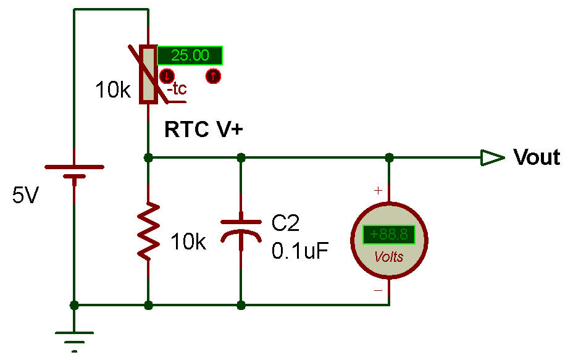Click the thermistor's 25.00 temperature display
coord(190,56)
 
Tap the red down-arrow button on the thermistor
coord(166,77)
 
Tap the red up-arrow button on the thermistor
coord(213,77)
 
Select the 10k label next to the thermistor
coord(112,91)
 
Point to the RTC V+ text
coord(204,130)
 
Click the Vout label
coord(537,157)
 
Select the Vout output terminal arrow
coord(493,158)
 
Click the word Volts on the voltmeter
coord(388,257)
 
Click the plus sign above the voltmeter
coord(378,191)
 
